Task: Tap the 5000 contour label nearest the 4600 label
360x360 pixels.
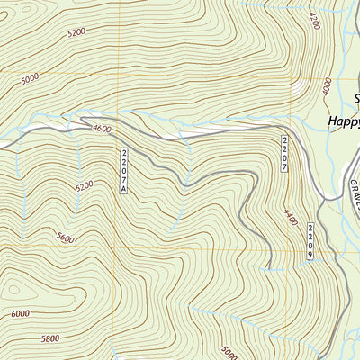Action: [30, 79]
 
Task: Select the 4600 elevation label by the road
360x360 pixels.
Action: [102, 130]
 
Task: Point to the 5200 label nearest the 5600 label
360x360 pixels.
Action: [85, 187]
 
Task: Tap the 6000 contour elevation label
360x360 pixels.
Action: [20, 312]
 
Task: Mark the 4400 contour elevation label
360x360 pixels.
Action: [290, 217]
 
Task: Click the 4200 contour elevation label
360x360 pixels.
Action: [315, 21]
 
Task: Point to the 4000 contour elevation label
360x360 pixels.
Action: [326, 87]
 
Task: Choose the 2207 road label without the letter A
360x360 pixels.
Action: [284, 154]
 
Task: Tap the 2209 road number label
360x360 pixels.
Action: [310, 241]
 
